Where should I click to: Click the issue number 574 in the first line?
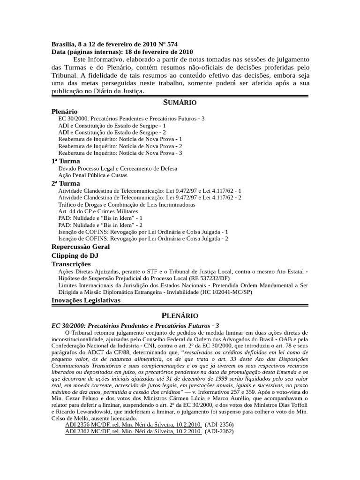pyautogui.click(x=172, y=45)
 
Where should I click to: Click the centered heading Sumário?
pyautogui.click(x=180, y=103)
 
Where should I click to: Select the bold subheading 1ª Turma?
pyautogui.click(x=66, y=161)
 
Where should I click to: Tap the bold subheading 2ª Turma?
pyautogui.click(x=66, y=183)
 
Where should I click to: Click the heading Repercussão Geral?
pyautogui.click(x=81, y=247)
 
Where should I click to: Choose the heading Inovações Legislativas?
pyautogui.click(x=86, y=300)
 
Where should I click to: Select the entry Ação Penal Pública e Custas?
pyautogui.click(x=93, y=175)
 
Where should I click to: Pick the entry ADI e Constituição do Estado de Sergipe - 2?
pyautogui.click(x=112, y=133)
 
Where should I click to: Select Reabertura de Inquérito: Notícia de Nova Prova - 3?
pyautogui.click(x=120, y=153)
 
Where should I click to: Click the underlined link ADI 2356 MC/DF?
pyautogui.click(x=133, y=425)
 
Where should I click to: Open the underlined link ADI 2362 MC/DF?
pyautogui.click(x=133, y=432)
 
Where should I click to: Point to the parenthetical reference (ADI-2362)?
pyautogui.click(x=219, y=432)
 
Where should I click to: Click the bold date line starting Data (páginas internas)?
pyautogui.click(x=122, y=52)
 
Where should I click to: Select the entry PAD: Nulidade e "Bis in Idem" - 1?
pyautogui.click(x=100, y=218)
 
